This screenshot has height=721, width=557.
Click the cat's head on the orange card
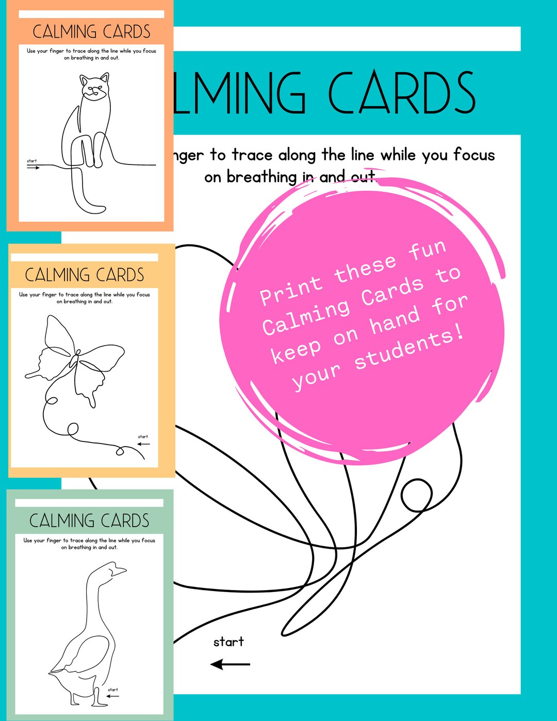point(94,88)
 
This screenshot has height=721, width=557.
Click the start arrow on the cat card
point(34,168)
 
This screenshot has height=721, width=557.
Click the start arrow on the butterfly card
point(143,444)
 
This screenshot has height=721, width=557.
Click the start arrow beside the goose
point(112,696)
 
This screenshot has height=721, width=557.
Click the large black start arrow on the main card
point(230,664)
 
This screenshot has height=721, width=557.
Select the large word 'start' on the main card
point(228,642)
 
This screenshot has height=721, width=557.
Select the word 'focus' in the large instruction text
point(474,155)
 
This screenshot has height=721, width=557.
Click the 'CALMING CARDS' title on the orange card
point(91,32)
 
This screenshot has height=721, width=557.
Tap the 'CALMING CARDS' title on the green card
point(89,521)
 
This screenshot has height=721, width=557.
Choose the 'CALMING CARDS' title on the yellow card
point(85,275)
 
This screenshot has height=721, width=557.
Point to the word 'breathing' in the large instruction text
point(261,177)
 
